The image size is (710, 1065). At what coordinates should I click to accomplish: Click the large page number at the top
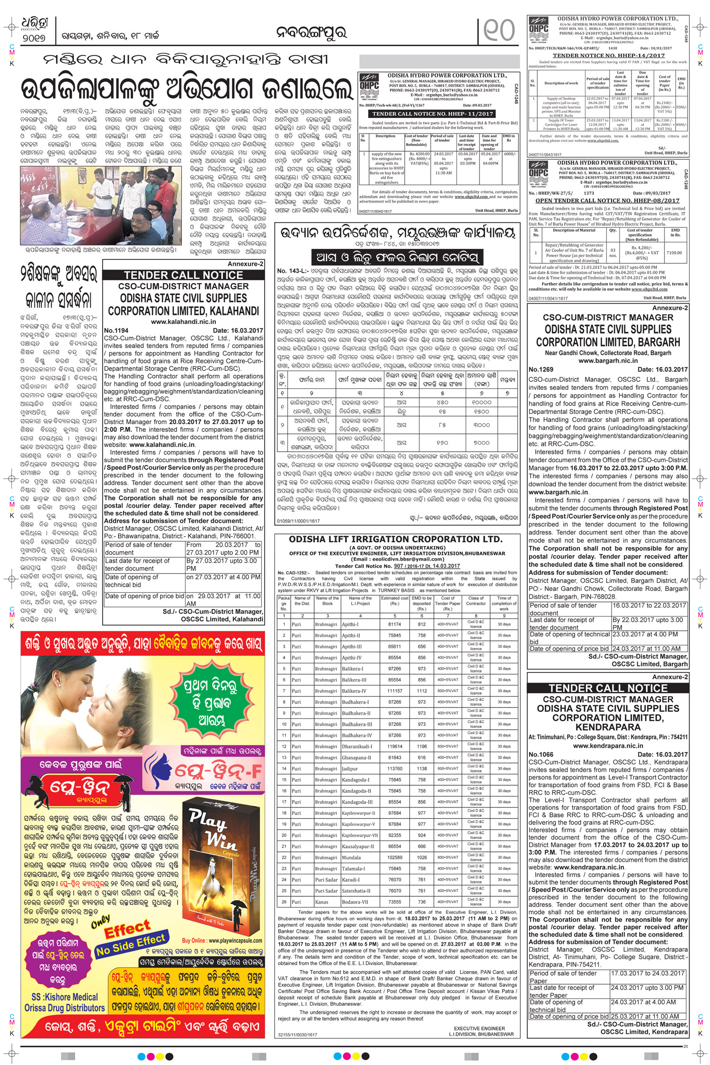coord(499,30)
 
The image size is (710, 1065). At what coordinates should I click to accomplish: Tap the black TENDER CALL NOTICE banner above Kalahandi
coord(183,275)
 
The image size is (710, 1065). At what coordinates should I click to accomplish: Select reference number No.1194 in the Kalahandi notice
coord(116,331)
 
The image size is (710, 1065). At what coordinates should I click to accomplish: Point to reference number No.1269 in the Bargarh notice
coord(541,369)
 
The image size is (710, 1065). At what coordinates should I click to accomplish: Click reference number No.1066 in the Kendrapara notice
coord(541,754)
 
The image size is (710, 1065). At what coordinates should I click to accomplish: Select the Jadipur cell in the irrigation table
coord(350,769)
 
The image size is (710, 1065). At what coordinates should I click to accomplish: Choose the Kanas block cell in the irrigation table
coord(321,902)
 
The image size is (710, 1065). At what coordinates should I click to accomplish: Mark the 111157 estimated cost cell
coord(395,691)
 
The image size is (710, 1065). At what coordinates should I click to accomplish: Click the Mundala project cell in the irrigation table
coord(351,857)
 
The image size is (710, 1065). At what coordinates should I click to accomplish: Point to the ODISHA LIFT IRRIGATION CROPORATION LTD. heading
coord(396,539)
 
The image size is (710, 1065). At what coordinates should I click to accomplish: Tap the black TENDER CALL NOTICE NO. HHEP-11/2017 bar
coord(433,114)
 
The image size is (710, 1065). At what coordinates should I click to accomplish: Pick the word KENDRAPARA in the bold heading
coord(608,727)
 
